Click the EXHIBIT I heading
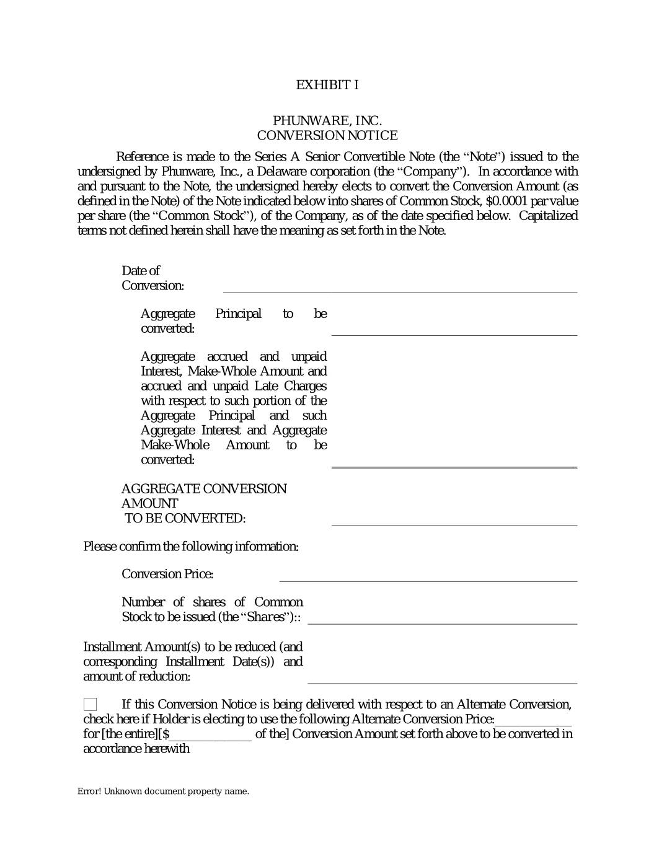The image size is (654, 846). pyautogui.click(x=327, y=85)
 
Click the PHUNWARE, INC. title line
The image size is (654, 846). pyautogui.click(x=327, y=120)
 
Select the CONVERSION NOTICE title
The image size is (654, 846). pyautogui.click(x=327, y=135)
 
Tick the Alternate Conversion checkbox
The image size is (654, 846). pyautogui.click(x=91, y=704)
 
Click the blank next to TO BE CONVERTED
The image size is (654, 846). pyautogui.click(x=454, y=521)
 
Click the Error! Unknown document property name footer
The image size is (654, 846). pyautogui.click(x=163, y=791)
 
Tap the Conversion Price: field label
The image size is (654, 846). pyautogui.click(x=167, y=574)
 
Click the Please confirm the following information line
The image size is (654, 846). pyautogui.click(x=191, y=546)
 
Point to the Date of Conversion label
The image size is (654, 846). pyautogui.click(x=152, y=278)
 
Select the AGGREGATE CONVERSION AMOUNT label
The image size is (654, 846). pyautogui.click(x=204, y=496)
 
